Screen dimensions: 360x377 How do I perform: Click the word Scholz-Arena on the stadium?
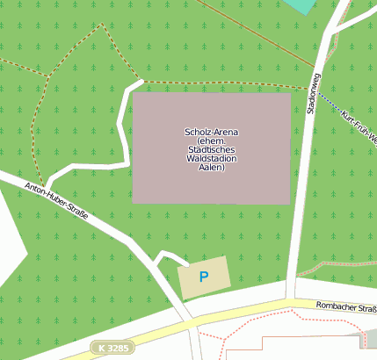pyautogui.click(x=211, y=132)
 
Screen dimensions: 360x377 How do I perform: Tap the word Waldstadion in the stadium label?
pyautogui.click(x=211, y=159)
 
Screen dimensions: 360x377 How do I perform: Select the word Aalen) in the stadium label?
pyautogui.click(x=211, y=168)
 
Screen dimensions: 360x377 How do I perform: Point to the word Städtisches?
pyautogui.click(x=211, y=150)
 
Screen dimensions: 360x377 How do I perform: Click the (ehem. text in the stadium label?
pyautogui.click(x=211, y=140)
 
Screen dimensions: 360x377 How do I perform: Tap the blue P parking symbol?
pyautogui.click(x=204, y=277)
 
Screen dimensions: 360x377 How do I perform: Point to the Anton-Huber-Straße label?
pyautogui.click(x=56, y=201)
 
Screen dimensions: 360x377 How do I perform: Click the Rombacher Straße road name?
pyautogui.click(x=344, y=307)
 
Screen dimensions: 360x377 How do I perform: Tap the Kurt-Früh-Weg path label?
pyautogui.click(x=359, y=127)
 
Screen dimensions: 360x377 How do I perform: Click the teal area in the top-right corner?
pyautogui.click(x=301, y=5)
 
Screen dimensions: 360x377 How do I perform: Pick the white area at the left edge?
pyautogui.click(x=9, y=237)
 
